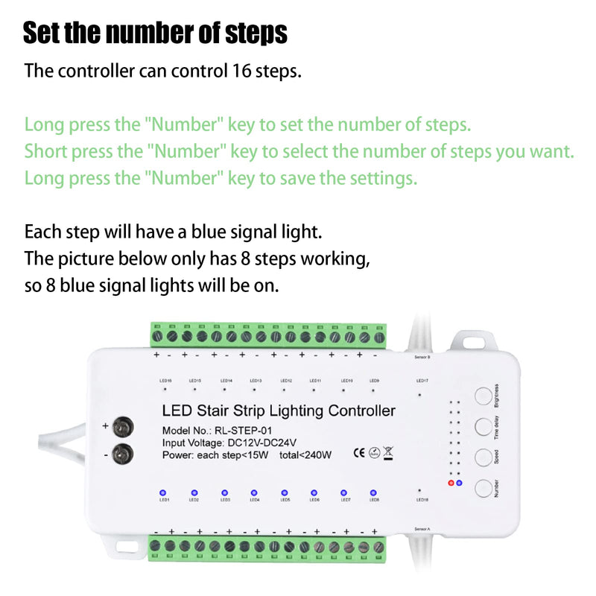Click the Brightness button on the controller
[x=485, y=396]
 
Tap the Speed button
[x=485, y=457]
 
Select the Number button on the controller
[x=485, y=488]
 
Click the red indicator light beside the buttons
[x=451, y=483]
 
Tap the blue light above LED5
[x=284, y=492]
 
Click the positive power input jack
[x=126, y=427]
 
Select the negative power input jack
[x=126, y=452]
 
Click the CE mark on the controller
[x=358, y=452]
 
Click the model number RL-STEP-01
[x=244, y=431]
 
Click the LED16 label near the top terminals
[x=165, y=380]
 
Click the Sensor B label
[x=422, y=357]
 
